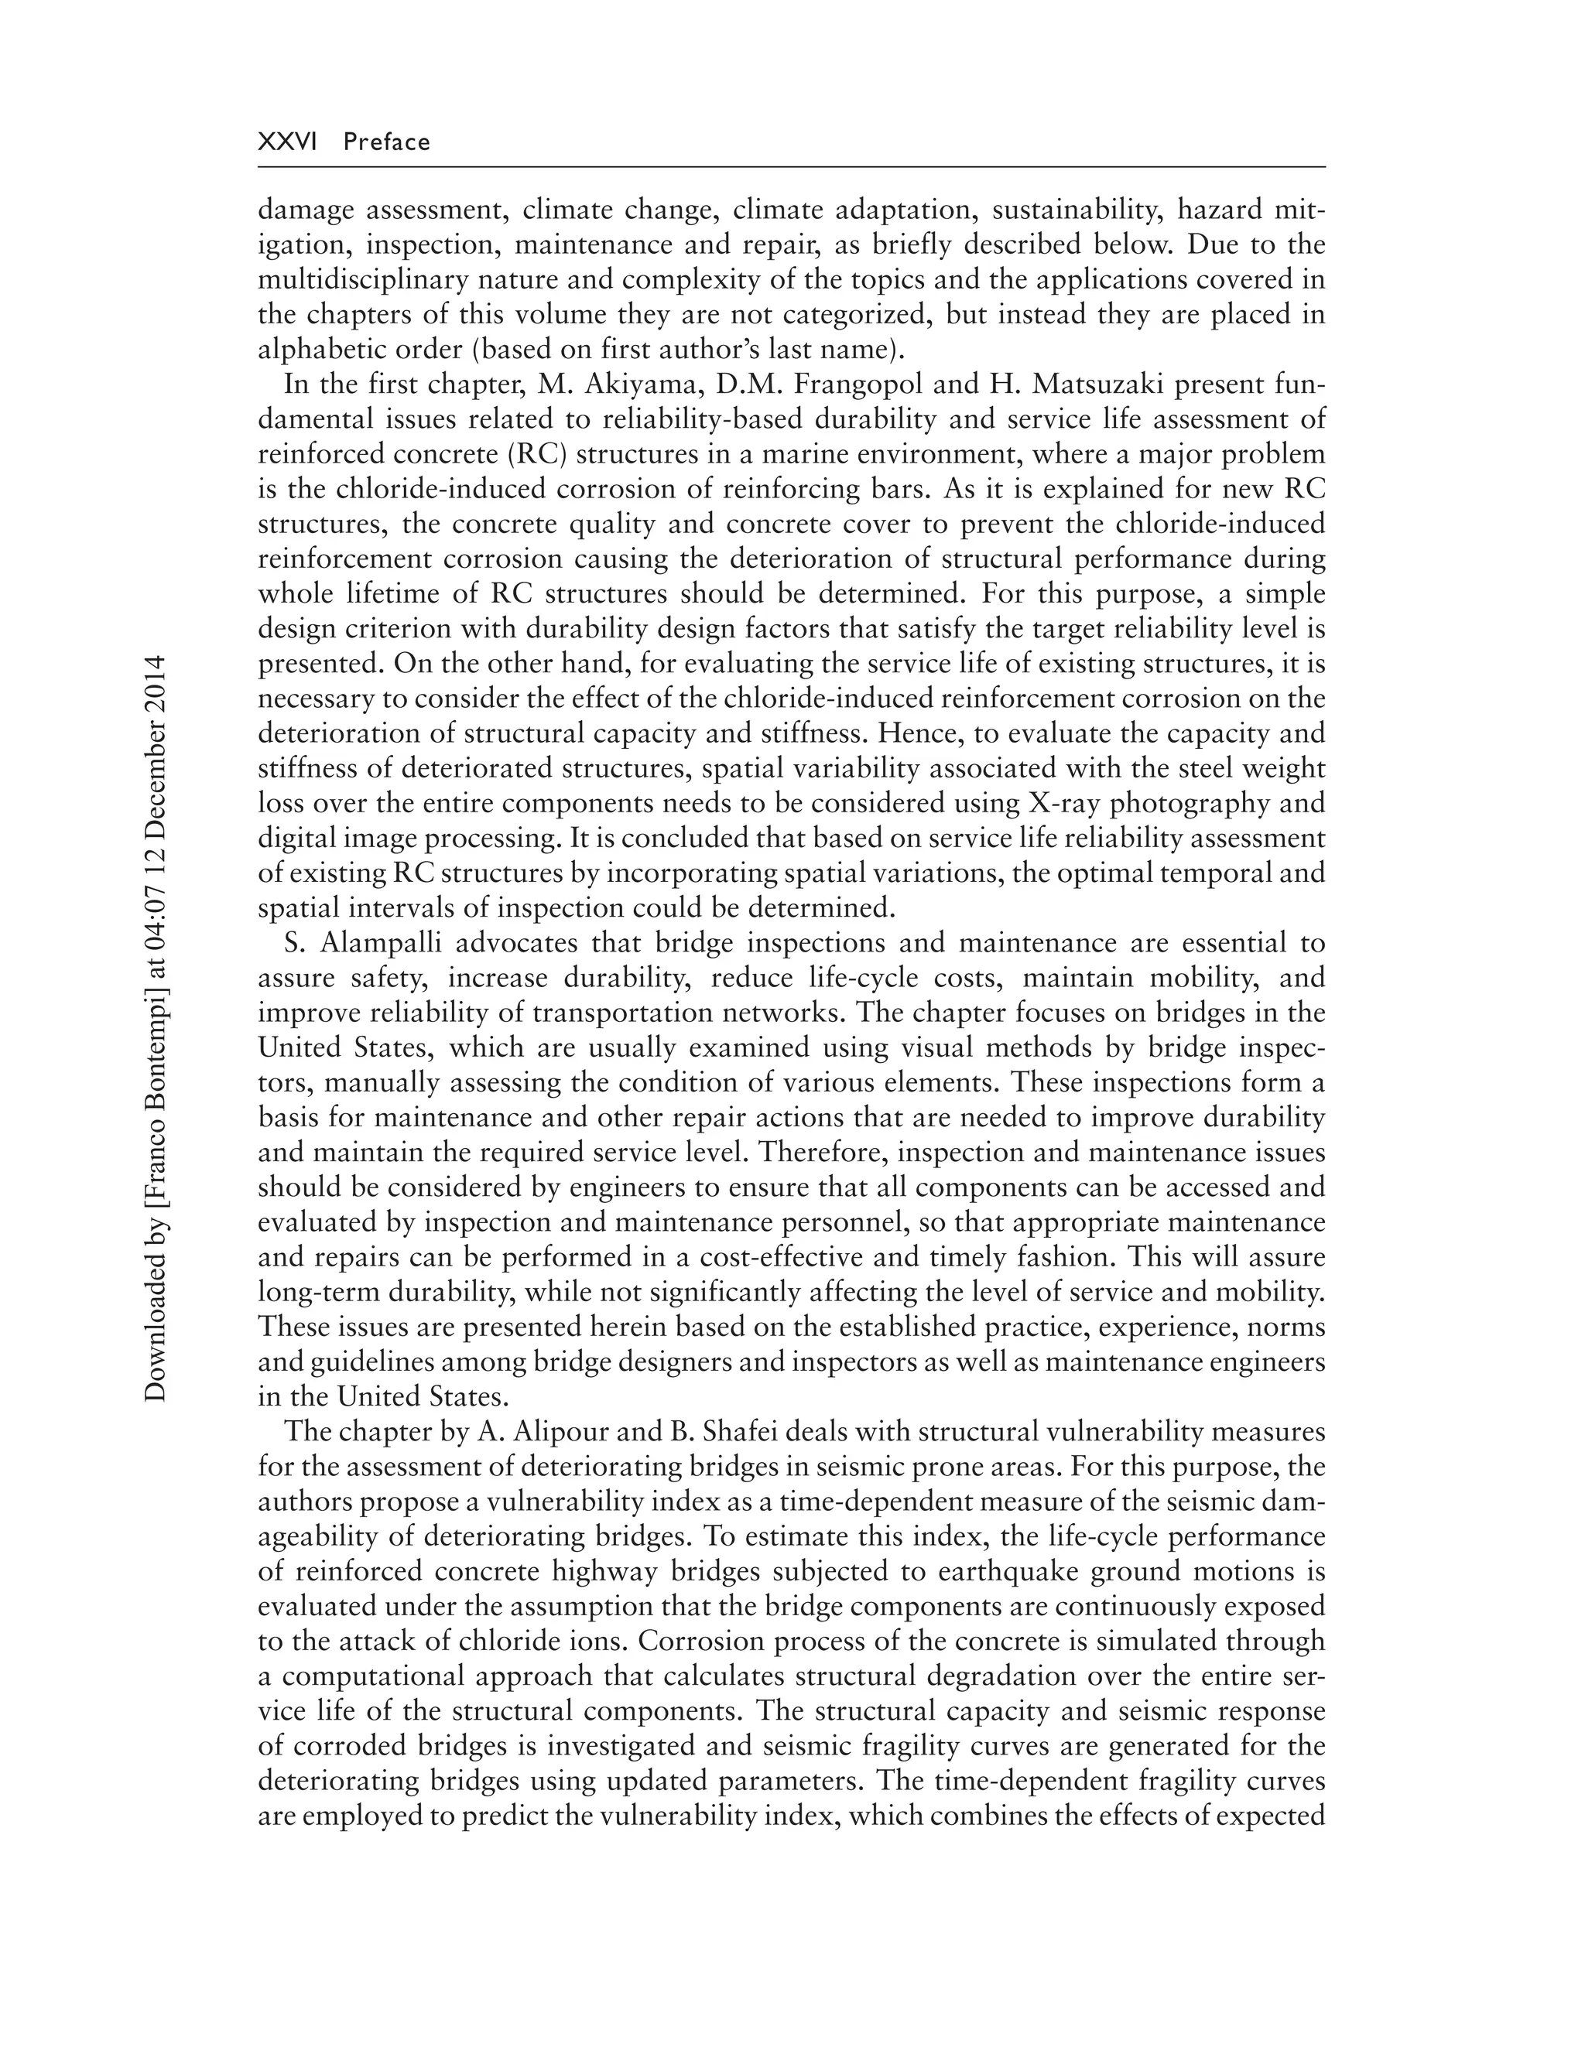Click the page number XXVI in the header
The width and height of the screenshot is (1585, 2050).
click(287, 142)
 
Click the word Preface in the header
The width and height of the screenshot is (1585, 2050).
click(387, 142)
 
